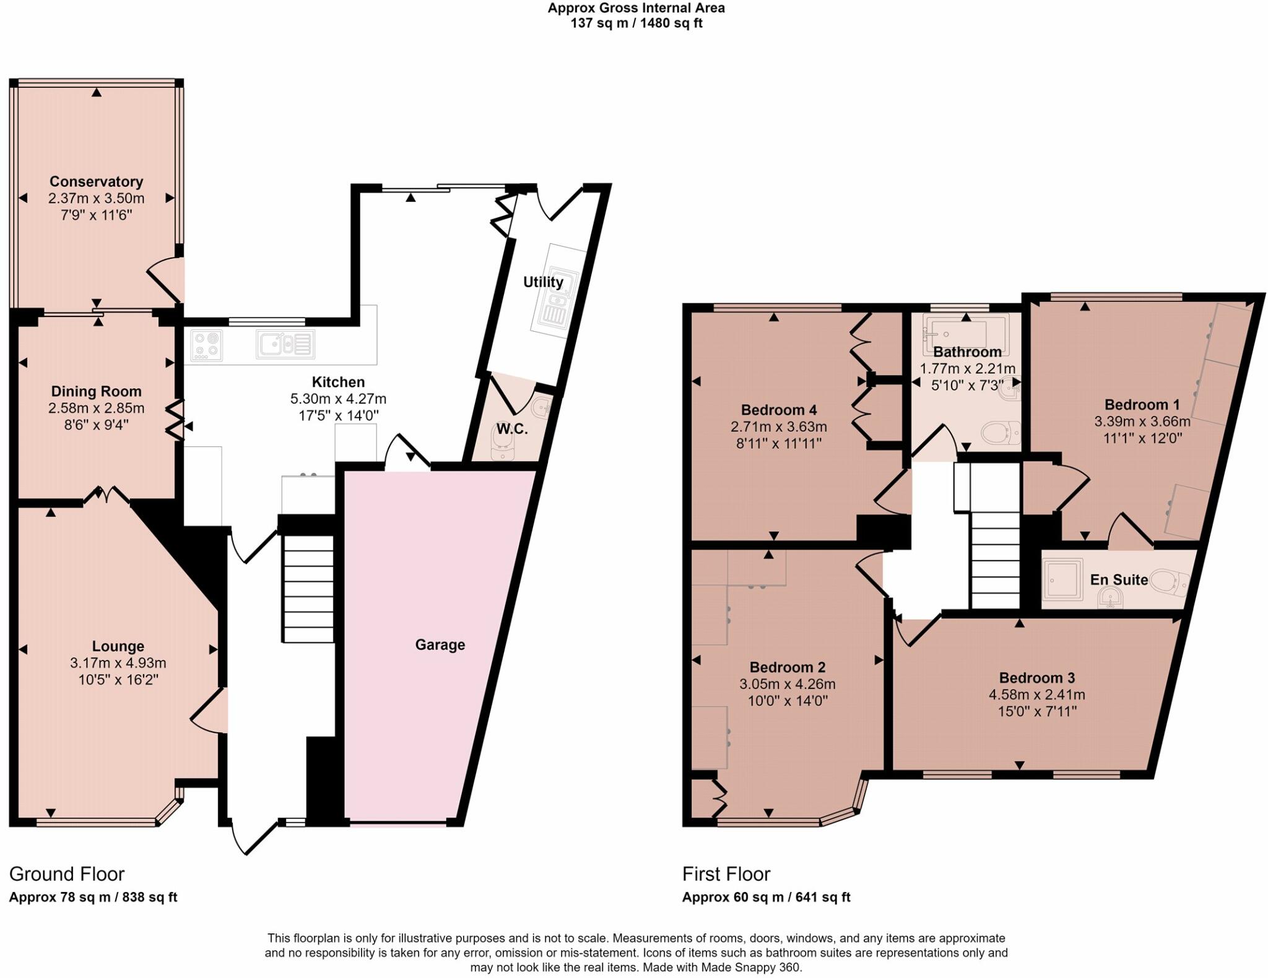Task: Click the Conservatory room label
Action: coord(96,181)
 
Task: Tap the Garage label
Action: coord(440,645)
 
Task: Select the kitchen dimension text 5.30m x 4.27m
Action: coord(338,399)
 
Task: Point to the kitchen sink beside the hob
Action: coord(285,345)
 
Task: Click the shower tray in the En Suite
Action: coord(1062,579)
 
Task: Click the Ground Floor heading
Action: coord(67,873)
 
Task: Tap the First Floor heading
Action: coord(726,873)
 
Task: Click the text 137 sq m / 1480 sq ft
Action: coord(636,24)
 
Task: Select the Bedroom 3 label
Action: coord(1036,678)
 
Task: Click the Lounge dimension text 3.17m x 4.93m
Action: coord(118,663)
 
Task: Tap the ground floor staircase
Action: coord(309,589)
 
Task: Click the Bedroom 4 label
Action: coord(778,410)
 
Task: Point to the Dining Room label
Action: coord(96,391)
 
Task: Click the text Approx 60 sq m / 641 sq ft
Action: coord(766,897)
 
